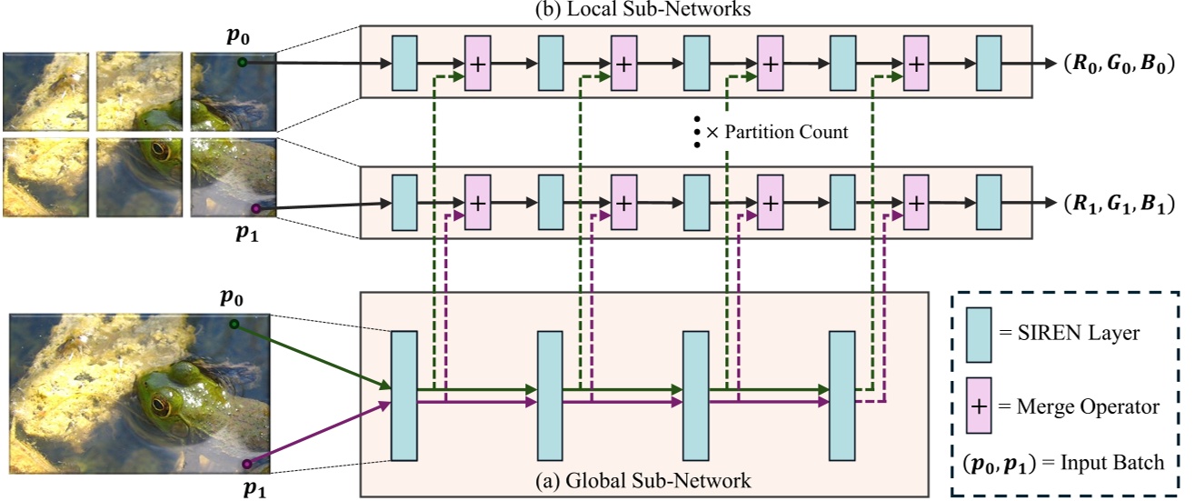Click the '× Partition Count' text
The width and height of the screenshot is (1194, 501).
click(x=777, y=132)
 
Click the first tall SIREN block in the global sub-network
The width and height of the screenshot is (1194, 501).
click(x=403, y=396)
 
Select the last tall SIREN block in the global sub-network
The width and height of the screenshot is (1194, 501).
click(x=842, y=396)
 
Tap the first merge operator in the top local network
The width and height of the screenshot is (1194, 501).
click(x=477, y=64)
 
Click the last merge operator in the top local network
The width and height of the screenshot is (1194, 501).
click(x=916, y=64)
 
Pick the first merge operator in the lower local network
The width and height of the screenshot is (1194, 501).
click(x=477, y=204)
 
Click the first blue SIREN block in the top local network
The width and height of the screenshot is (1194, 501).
click(x=404, y=64)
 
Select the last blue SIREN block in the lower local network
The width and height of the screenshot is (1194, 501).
click(x=989, y=204)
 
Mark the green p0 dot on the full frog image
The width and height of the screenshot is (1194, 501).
click(x=234, y=324)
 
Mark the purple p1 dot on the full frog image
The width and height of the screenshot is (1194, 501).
click(x=245, y=465)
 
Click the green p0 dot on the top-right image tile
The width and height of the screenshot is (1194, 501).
click(x=243, y=63)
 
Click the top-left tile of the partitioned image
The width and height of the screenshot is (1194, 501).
click(x=45, y=91)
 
